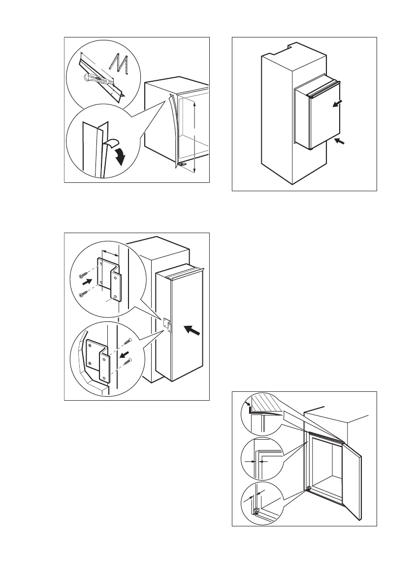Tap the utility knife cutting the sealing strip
[x=95, y=78]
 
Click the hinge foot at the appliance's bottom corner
[x=183, y=164]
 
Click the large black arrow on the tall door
[x=193, y=334]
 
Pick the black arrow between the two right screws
[x=126, y=353]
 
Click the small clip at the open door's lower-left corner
[x=308, y=490]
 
